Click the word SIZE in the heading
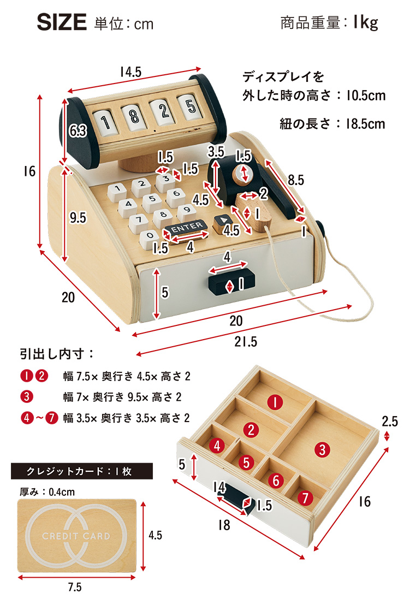click(62, 23)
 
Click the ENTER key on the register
click(187, 227)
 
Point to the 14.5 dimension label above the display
click(130, 72)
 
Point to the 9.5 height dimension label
click(78, 218)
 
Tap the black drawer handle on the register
click(231, 283)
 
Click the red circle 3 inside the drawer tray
click(323, 449)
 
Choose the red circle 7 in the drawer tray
click(305, 497)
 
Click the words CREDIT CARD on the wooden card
click(76, 536)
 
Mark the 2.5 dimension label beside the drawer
click(390, 421)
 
